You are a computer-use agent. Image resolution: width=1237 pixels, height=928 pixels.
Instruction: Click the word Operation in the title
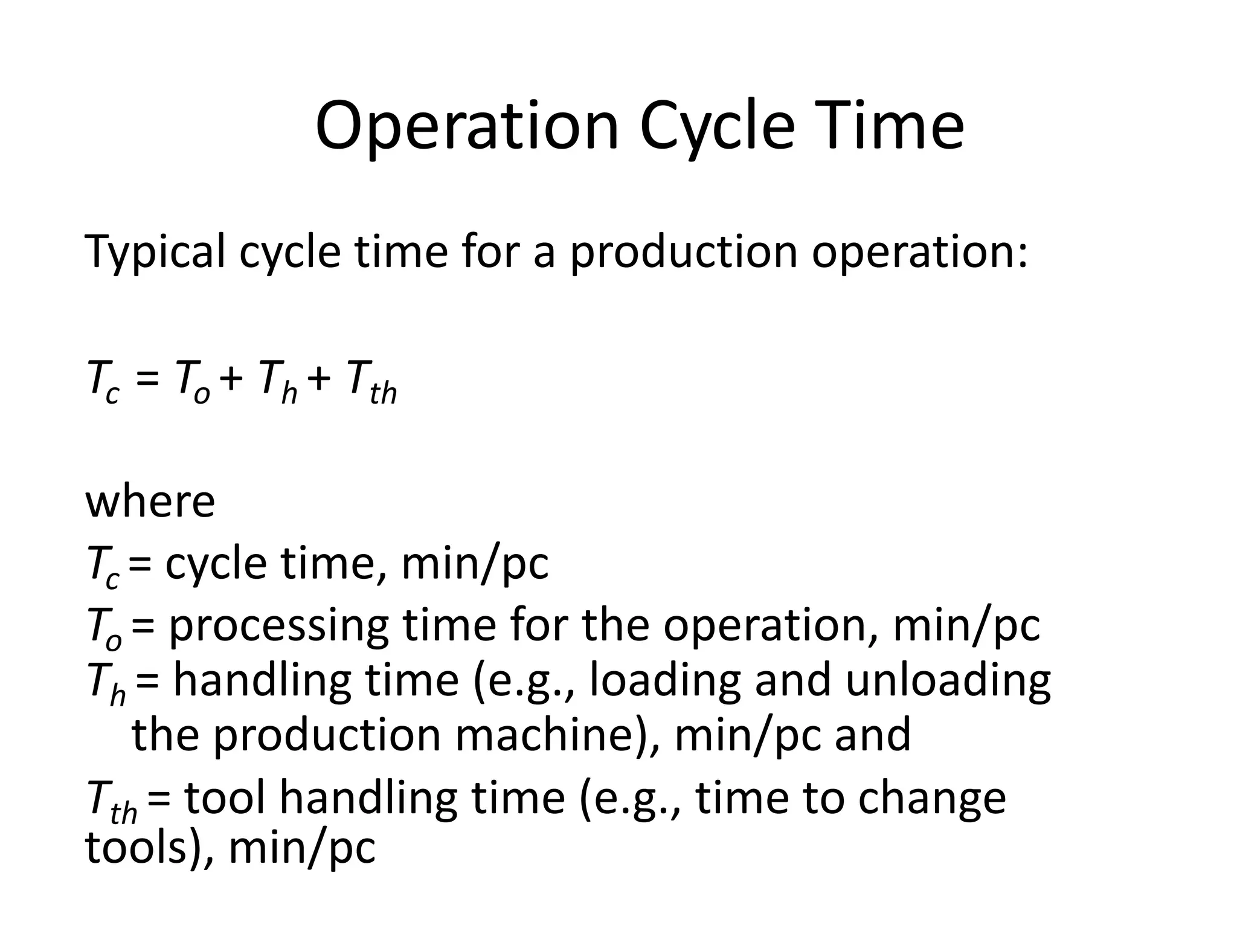pos(467,127)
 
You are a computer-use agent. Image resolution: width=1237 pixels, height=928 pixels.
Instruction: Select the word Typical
pos(155,252)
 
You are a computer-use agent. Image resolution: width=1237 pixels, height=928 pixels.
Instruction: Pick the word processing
pos(278,626)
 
